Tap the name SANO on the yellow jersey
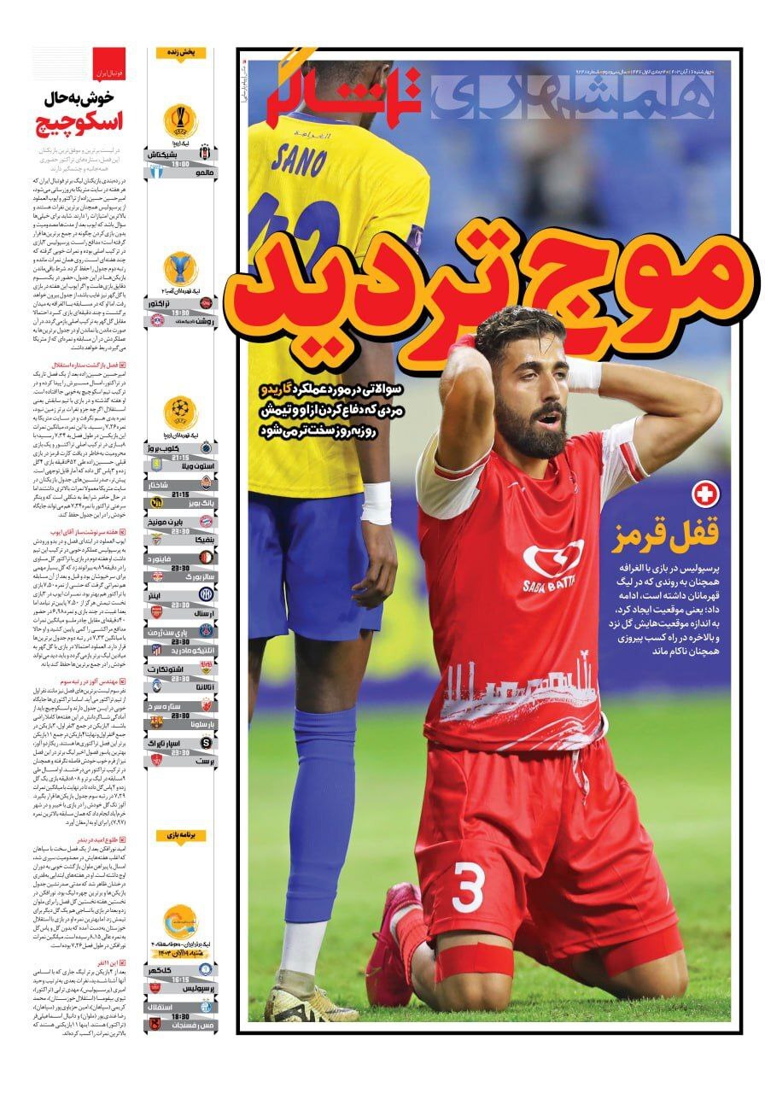tap(299, 159)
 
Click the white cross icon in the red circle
tap(706, 494)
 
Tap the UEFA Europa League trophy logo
tap(180, 120)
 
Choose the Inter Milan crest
tap(206, 593)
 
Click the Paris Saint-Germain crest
tap(206, 630)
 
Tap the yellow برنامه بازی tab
tap(180, 835)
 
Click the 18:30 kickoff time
tap(180, 1019)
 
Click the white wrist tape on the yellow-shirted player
tap(376, 503)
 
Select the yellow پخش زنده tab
tap(180, 53)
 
